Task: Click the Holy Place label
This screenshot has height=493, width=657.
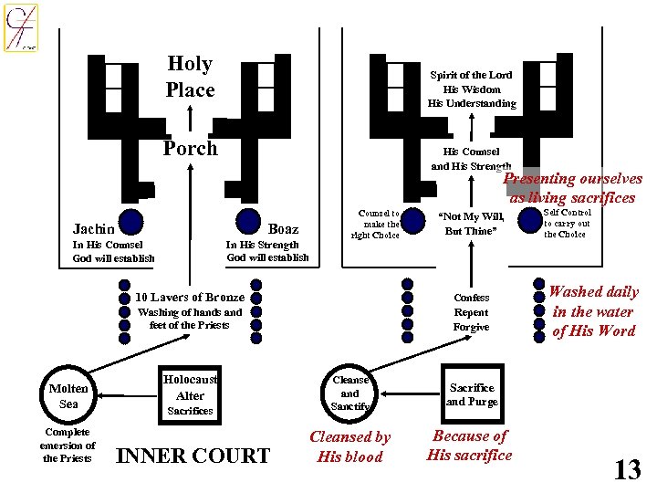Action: (190, 77)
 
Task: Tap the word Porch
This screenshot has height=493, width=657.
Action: (190, 148)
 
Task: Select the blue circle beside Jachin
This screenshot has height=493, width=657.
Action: (131, 222)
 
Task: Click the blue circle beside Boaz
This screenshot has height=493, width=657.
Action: (248, 222)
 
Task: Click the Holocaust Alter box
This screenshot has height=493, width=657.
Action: (190, 388)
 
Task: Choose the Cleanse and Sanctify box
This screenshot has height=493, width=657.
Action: (350, 393)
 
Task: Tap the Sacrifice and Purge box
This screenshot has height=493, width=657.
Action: (471, 394)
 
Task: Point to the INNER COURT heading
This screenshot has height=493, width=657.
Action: (194, 456)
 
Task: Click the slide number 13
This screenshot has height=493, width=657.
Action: (627, 469)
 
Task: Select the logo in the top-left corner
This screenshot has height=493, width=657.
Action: (20, 27)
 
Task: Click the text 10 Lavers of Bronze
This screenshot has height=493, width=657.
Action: (190, 297)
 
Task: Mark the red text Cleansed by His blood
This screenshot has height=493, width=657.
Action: (350, 446)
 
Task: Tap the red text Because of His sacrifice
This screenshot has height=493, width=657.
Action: (470, 446)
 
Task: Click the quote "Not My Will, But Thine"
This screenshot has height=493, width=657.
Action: (471, 223)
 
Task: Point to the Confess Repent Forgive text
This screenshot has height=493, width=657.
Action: (471, 312)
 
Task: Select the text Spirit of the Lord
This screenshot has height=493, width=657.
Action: (472, 75)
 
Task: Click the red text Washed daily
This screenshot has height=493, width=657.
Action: (593, 292)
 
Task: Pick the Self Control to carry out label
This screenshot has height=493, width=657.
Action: (567, 223)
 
